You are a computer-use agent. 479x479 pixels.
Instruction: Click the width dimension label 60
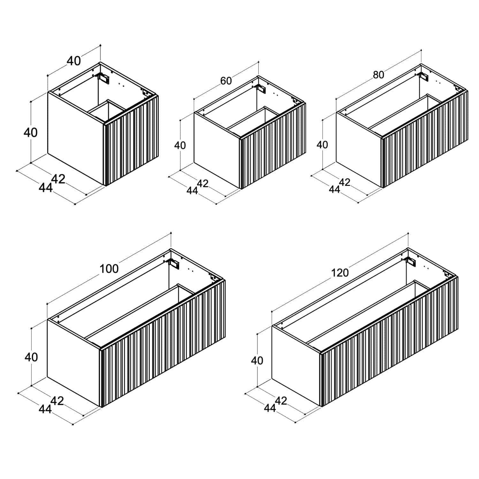tap(226, 81)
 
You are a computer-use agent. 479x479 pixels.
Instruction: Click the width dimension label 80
tap(378, 75)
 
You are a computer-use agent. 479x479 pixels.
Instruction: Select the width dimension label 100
tap(109, 269)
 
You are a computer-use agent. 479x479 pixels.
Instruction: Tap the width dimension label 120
tap(340, 273)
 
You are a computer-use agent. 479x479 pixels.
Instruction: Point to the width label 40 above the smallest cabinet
tap(74, 61)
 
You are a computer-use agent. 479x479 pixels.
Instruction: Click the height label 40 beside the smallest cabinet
tap(31, 132)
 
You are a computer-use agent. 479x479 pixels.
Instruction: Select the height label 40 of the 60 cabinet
tap(180, 145)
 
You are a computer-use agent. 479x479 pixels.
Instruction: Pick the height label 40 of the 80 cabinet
tap(322, 145)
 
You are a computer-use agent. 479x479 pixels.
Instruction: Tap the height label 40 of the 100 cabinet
tap(31, 357)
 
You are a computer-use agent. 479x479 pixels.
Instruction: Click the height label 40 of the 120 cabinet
tap(257, 361)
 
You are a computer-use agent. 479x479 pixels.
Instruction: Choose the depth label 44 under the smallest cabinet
tap(46, 188)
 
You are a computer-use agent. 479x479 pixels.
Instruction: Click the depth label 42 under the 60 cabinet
tap(203, 183)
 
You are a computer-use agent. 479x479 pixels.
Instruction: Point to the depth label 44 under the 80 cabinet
tap(334, 189)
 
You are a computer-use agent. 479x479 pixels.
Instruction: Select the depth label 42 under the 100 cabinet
tap(57, 401)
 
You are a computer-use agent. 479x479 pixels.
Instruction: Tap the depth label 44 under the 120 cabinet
tap(270, 408)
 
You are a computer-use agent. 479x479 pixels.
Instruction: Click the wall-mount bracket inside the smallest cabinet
tap(104, 77)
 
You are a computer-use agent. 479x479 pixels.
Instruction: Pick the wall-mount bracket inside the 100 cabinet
tap(174, 263)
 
